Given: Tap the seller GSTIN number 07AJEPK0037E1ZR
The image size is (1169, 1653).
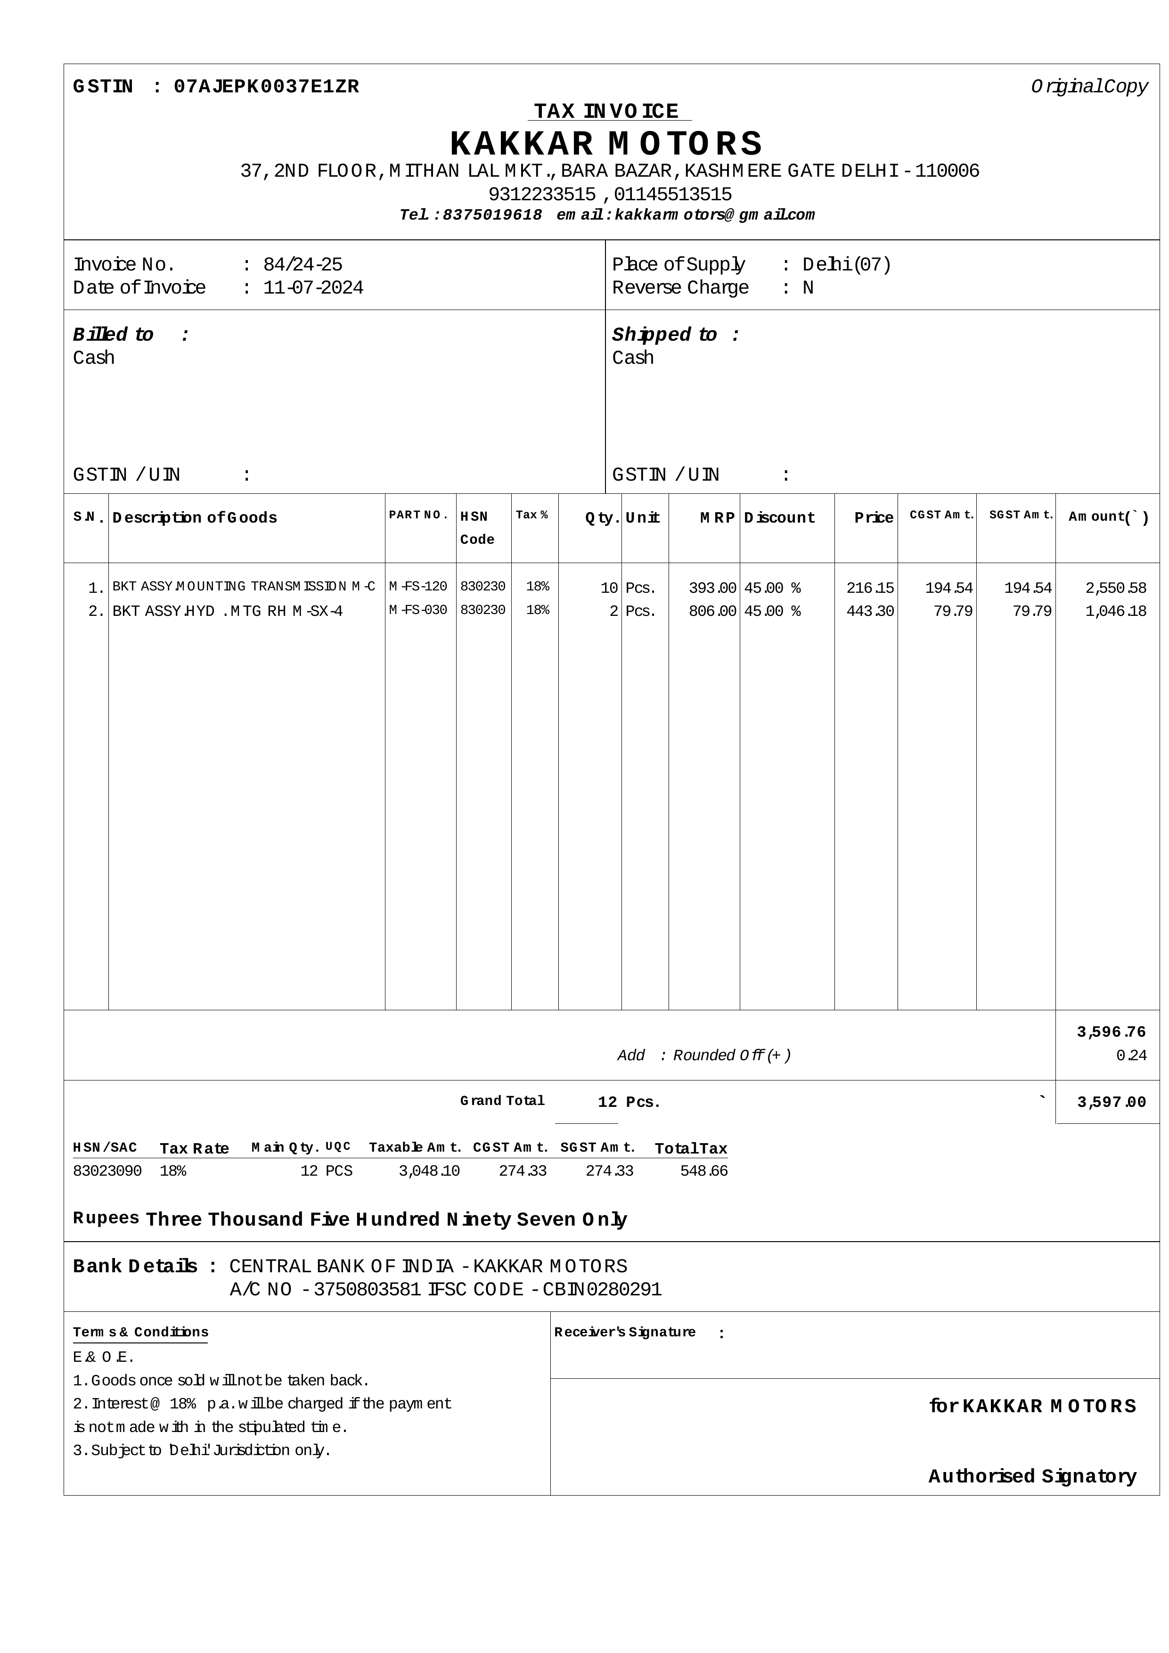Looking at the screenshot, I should [266, 87].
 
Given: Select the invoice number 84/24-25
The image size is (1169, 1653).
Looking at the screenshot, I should [302, 265].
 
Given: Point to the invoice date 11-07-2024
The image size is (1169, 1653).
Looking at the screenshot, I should [313, 288].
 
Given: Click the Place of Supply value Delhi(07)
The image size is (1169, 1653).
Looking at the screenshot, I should [847, 265].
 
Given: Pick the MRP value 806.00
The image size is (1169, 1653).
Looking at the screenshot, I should [712, 611].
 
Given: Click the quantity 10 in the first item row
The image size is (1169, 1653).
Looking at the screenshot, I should [609, 588].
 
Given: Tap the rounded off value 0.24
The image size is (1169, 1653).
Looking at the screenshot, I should [1131, 1056].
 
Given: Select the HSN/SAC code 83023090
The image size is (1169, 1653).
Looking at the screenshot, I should [107, 1171].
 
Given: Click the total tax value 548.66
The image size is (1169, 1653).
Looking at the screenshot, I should [703, 1171].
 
